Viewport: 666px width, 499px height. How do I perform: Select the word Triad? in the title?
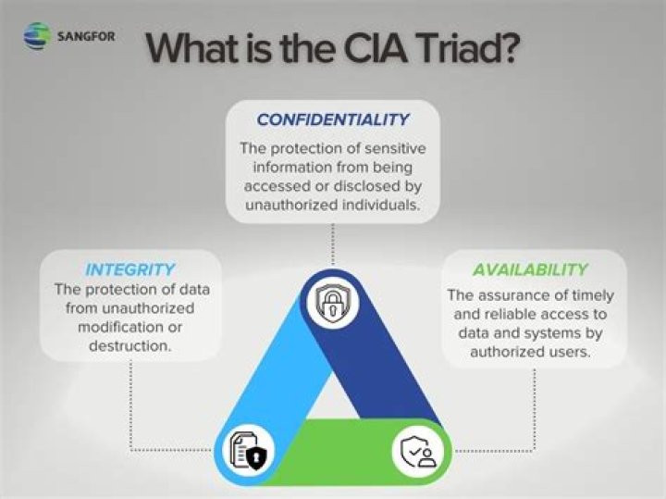pyautogui.click(x=462, y=47)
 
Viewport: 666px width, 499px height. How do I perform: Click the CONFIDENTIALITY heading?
pyautogui.click(x=332, y=120)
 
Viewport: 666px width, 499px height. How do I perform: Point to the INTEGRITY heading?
pyautogui.click(x=129, y=270)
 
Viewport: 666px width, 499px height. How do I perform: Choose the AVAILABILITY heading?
pyautogui.click(x=530, y=270)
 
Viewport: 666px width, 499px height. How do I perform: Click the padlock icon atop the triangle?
pyautogui.click(x=331, y=302)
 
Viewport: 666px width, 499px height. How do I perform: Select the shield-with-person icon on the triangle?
pyautogui.click(x=418, y=451)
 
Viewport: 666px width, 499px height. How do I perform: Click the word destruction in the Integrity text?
pyautogui.click(x=129, y=344)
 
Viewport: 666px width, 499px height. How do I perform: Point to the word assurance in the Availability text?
pyautogui.click(x=523, y=295)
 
